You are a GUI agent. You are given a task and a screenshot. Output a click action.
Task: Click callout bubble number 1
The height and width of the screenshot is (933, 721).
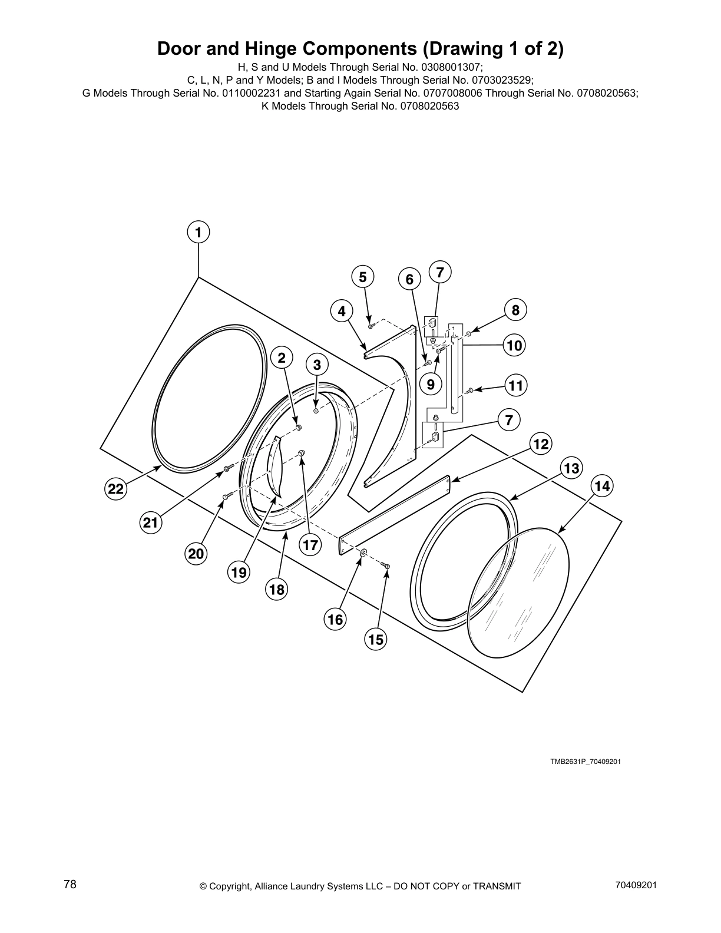(x=199, y=232)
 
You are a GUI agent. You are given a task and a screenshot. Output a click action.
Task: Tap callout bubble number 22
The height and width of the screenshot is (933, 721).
(x=116, y=489)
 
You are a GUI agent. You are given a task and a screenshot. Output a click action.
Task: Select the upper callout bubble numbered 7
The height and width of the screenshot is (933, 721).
(x=439, y=272)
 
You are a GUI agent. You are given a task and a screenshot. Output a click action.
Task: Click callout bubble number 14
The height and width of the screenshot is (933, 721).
(x=602, y=486)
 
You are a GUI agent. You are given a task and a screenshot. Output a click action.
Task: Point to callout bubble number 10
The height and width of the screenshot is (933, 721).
(x=514, y=345)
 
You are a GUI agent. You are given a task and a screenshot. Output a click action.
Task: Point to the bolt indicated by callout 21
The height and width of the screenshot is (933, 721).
(x=227, y=469)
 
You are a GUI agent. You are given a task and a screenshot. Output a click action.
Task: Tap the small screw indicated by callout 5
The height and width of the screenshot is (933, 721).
(x=371, y=325)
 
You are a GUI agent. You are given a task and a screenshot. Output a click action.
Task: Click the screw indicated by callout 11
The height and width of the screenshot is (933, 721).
(x=469, y=391)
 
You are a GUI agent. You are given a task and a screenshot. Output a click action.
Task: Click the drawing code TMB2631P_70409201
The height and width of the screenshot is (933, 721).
(x=586, y=762)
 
